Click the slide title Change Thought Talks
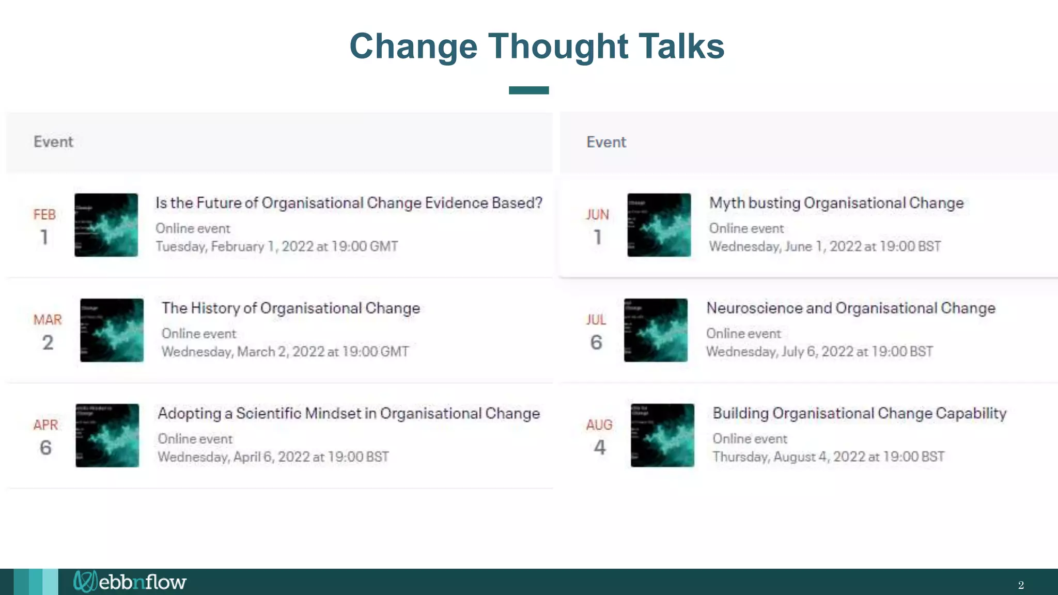pyautogui.click(x=537, y=46)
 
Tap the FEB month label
pyautogui.click(x=44, y=215)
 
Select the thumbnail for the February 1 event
pyautogui.click(x=106, y=225)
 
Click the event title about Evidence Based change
pyautogui.click(x=349, y=203)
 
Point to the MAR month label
pyautogui.click(x=48, y=320)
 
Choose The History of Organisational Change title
pyautogui.click(x=290, y=308)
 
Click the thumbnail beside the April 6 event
pyautogui.click(x=107, y=435)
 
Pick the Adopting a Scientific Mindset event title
pyautogui.click(x=349, y=414)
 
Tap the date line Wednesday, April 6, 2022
pyautogui.click(x=273, y=457)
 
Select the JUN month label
pyautogui.click(x=597, y=215)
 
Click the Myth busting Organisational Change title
pyautogui.click(x=836, y=203)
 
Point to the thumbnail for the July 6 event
pyautogui.click(x=656, y=331)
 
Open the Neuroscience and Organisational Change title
pyautogui.click(x=851, y=308)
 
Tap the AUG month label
pyautogui.click(x=599, y=425)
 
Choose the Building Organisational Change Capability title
pyautogui.click(x=860, y=414)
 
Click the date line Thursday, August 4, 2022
pyautogui.click(x=829, y=457)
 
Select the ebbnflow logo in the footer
pyautogui.click(x=130, y=582)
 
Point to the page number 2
pyautogui.click(x=1021, y=585)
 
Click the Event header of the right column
pyautogui.click(x=606, y=142)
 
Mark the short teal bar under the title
pyautogui.click(x=528, y=90)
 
